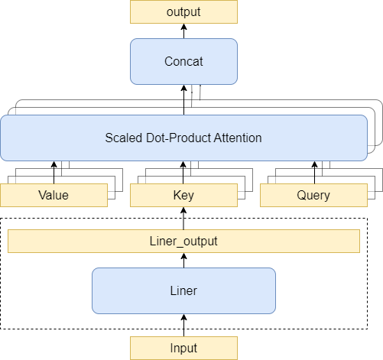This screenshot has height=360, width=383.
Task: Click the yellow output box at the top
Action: click(x=183, y=11)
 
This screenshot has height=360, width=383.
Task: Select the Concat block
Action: click(x=183, y=61)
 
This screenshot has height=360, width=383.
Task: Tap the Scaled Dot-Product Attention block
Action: click(x=183, y=138)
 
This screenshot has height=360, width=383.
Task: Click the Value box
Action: click(x=54, y=195)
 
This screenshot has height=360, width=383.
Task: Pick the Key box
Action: click(x=183, y=195)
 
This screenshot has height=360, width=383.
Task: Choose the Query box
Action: click(x=313, y=195)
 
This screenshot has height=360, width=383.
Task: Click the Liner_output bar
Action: click(x=183, y=241)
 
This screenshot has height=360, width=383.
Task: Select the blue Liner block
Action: click(x=183, y=290)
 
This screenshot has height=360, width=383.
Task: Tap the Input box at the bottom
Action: click(x=183, y=348)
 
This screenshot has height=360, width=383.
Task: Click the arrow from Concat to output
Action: click(x=183, y=31)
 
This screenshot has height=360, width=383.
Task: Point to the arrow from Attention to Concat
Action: click(x=183, y=100)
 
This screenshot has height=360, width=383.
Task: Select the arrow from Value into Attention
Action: click(x=54, y=173)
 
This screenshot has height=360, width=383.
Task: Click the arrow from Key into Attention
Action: click(x=183, y=173)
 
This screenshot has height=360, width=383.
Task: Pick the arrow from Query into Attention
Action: click(x=314, y=173)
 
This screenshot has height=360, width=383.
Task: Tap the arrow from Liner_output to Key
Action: click(x=183, y=219)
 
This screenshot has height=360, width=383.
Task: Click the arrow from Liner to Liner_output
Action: click(x=183, y=261)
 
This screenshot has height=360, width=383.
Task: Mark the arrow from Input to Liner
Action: click(x=183, y=326)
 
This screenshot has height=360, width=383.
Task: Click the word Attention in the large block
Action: click(x=238, y=138)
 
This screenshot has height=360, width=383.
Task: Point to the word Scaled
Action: click(x=124, y=138)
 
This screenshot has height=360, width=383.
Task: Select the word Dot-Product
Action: click(x=178, y=138)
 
